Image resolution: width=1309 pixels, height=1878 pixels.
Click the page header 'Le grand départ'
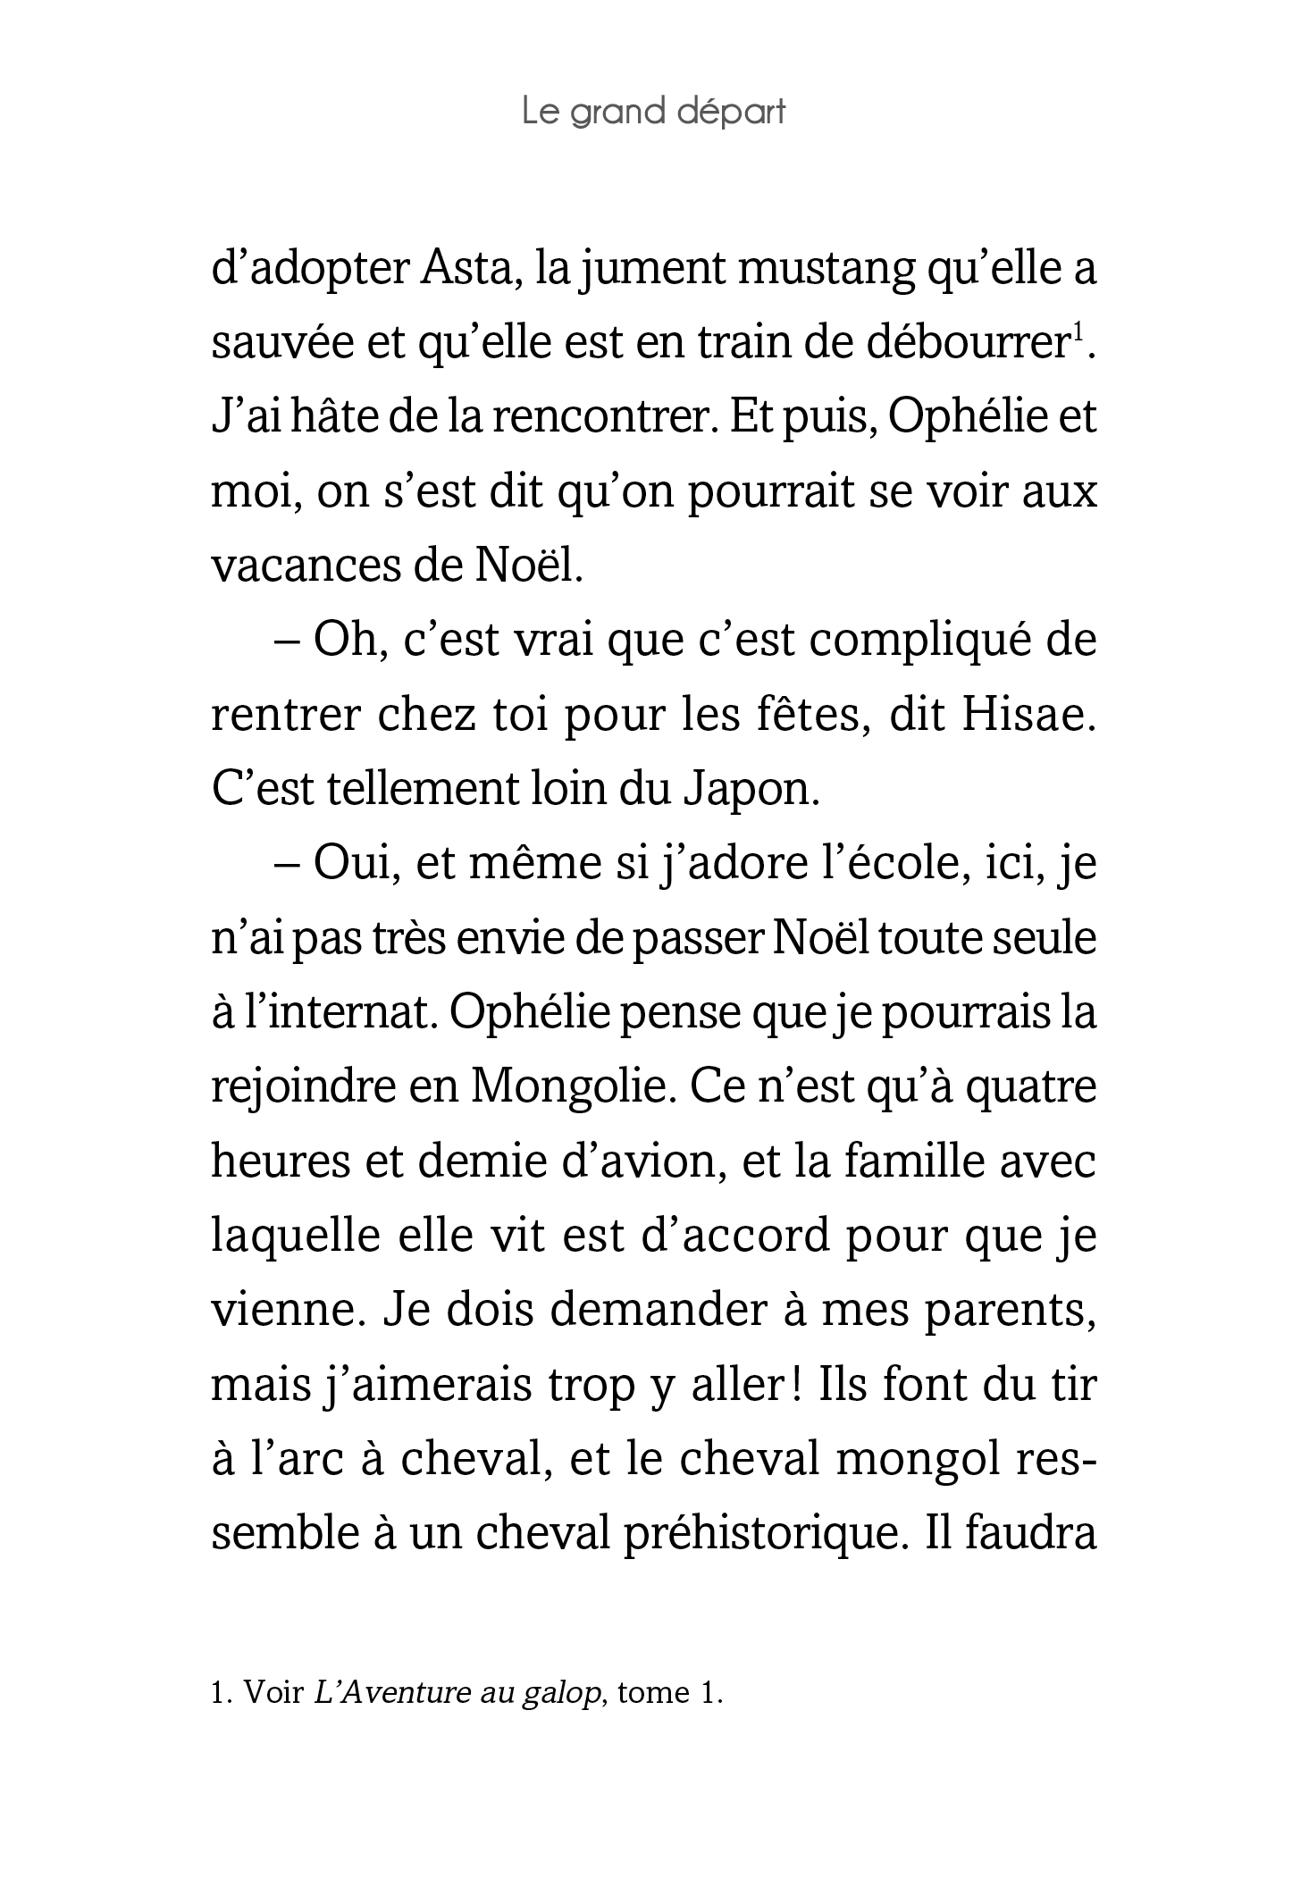tap(653, 113)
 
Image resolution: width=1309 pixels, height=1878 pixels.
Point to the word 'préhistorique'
tap(749, 1535)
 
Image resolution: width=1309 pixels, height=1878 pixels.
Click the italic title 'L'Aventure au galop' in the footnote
tap(457, 1693)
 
